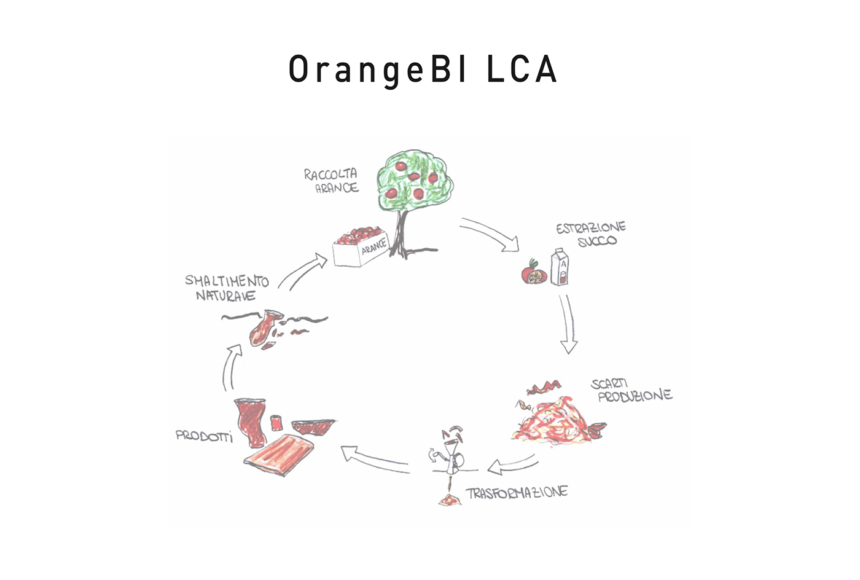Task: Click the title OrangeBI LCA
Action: [x=423, y=69]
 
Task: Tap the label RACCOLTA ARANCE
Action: [x=332, y=181]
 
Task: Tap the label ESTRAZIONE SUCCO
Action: [x=591, y=234]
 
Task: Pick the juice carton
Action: [x=560, y=268]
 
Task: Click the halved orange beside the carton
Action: [x=531, y=272]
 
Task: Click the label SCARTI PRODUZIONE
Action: [x=631, y=390]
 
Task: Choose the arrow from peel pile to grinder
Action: [x=513, y=466]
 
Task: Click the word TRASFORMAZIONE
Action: [x=517, y=493]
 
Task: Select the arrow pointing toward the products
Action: [x=375, y=460]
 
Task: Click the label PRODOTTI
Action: [x=205, y=437]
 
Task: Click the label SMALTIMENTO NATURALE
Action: [x=227, y=288]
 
